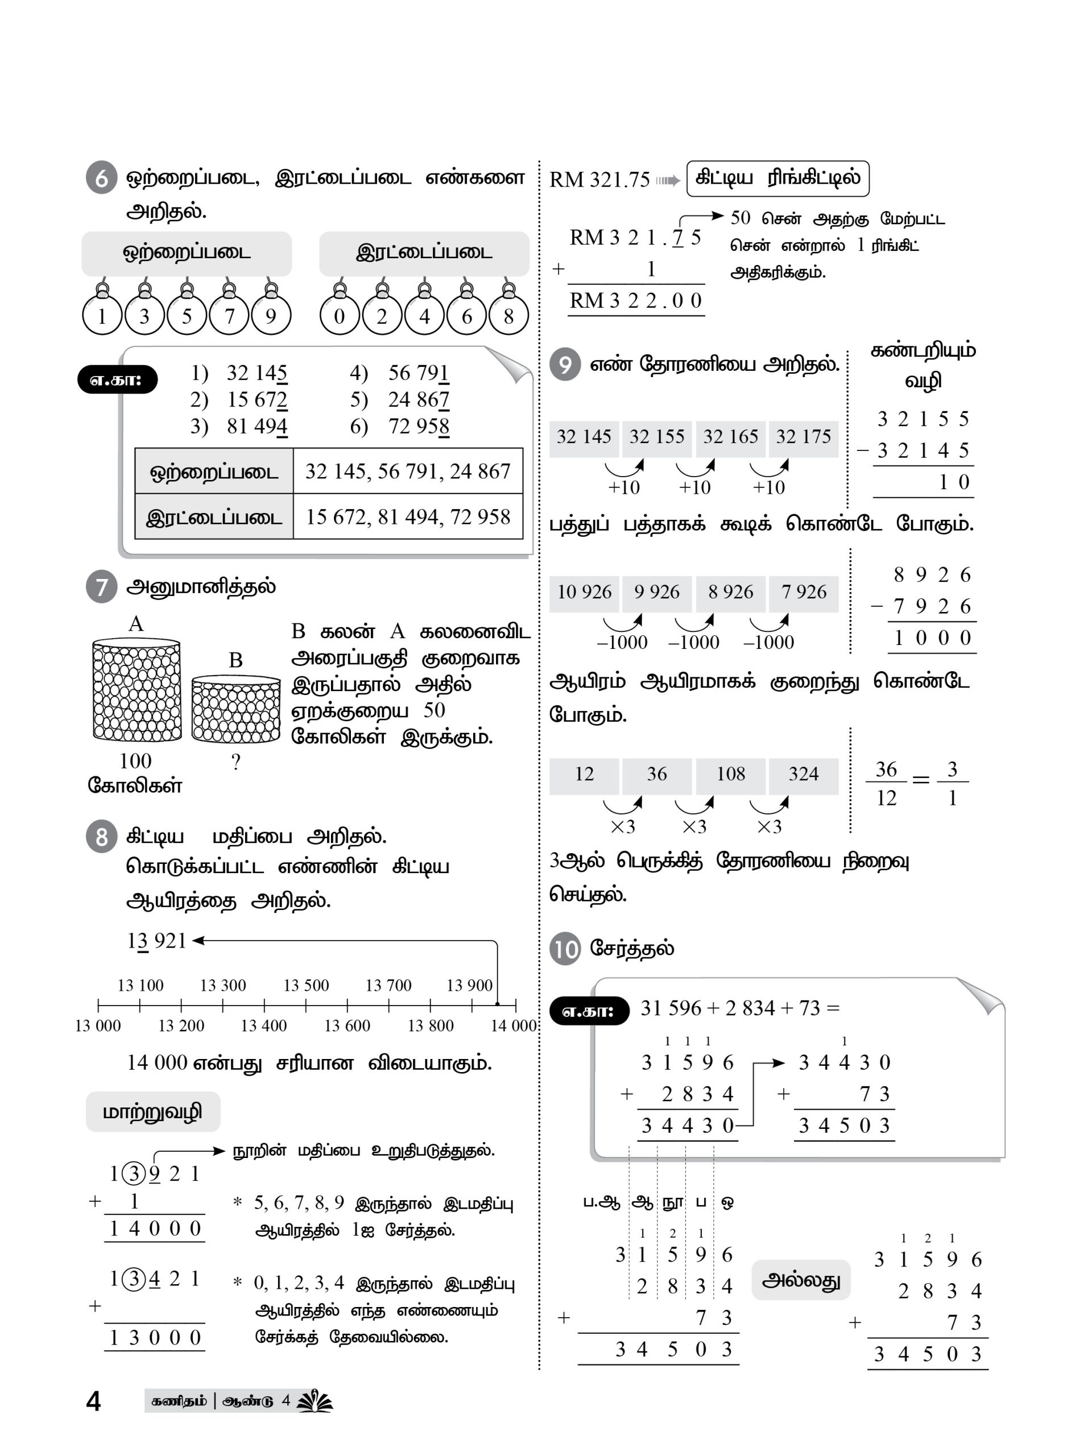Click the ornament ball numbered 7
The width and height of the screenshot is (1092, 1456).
coord(229,315)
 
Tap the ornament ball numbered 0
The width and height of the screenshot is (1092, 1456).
coord(339,315)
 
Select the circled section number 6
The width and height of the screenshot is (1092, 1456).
coord(101,177)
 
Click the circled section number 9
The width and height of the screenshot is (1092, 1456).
coord(565,364)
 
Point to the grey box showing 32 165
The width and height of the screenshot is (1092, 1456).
coord(730,437)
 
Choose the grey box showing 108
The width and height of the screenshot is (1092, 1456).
coord(730,773)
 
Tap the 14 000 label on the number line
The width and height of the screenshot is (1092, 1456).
coord(514,1025)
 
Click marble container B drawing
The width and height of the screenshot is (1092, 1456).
coord(235,708)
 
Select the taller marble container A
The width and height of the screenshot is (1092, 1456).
coord(136,689)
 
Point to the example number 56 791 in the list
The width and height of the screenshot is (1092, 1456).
coord(418,373)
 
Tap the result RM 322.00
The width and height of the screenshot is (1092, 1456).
coord(636,301)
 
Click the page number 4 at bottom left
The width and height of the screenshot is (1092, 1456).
coord(93,1401)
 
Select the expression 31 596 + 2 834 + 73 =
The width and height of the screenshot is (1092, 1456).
coord(740,1008)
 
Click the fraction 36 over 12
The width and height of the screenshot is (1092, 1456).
coord(886,783)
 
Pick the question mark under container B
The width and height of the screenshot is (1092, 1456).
coord(235,762)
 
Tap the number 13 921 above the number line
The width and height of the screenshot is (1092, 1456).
coord(156,941)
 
